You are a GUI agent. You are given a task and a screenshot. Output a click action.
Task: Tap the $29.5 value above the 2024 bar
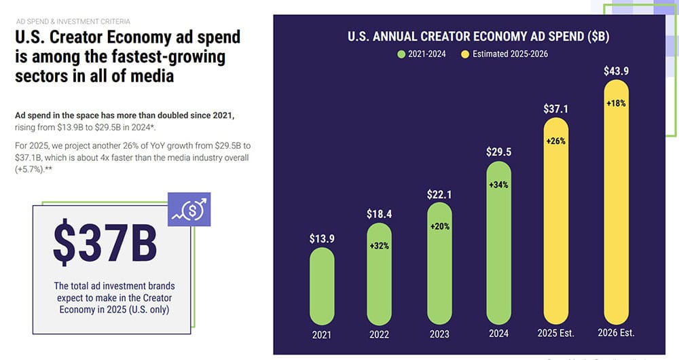498,152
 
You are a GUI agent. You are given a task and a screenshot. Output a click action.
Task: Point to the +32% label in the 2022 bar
379,246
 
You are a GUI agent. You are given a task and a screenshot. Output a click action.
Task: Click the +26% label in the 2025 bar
556,141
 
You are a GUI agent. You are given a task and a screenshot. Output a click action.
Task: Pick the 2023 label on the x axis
439,335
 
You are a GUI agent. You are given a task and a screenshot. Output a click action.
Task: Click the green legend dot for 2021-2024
402,54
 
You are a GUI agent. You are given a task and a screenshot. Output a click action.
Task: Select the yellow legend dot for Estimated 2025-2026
465,54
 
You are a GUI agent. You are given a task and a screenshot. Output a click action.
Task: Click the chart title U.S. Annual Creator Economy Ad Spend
469,37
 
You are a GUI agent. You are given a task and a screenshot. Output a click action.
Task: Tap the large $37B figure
105,242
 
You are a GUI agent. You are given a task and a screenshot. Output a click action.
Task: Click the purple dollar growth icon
189,209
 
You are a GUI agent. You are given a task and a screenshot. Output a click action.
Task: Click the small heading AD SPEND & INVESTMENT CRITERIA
73,22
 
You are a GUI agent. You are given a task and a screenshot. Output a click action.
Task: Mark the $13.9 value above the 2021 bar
322,238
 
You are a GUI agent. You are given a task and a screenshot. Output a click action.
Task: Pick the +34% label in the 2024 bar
498,184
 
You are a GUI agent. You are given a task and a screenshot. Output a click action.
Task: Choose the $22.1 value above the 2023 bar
439,194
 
